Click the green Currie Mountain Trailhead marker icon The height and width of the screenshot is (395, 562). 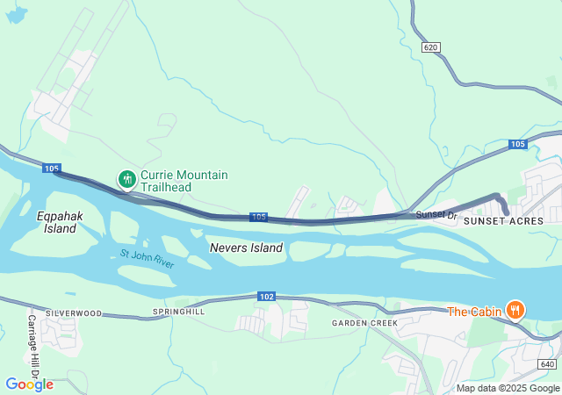pos(127,180)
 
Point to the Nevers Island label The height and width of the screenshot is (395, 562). pos(246,248)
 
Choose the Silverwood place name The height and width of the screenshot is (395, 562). pos(74,312)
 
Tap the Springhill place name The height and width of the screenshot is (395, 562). pos(178,312)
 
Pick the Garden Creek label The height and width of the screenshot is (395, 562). pos(364,323)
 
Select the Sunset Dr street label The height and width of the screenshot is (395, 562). pos(436,214)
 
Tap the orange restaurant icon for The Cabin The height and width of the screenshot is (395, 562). pos(515,311)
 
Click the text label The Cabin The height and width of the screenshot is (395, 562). pos(474,312)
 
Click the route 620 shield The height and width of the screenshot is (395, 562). pos(429,47)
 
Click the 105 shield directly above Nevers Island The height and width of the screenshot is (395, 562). pos(258,217)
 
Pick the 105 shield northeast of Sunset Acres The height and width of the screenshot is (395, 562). pos(517,144)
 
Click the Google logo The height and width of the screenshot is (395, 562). pos(29,384)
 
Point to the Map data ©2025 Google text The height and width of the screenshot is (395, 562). pos(507,388)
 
